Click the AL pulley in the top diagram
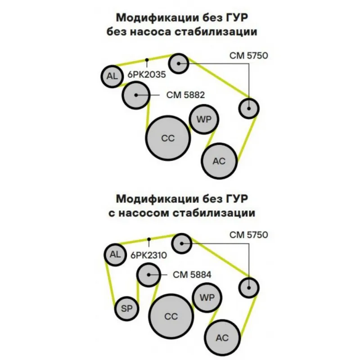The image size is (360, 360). tap(112, 76)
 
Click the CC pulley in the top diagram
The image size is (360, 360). tap(168, 139)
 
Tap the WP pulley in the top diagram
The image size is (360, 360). tap(204, 119)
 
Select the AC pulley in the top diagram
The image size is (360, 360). tap(219, 161)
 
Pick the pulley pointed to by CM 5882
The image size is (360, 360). tap(136, 94)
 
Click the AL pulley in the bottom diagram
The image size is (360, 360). tap(115, 254)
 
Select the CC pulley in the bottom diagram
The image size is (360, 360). tap(171, 316)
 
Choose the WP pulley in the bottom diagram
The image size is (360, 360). tap(207, 297)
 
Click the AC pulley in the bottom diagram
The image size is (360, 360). tap(222, 337)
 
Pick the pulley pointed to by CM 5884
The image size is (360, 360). tap(148, 274)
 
